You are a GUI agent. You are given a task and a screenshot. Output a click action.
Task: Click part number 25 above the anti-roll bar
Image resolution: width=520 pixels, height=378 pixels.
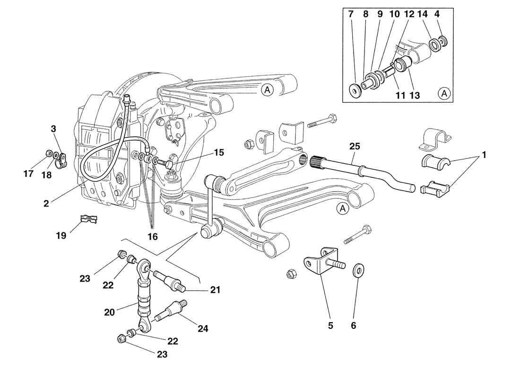tap(355, 146)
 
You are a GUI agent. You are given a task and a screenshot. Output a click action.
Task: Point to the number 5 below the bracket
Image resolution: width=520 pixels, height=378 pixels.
tap(330, 325)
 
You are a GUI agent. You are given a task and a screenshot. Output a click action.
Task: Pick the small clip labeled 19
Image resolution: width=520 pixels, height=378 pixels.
tap(88, 220)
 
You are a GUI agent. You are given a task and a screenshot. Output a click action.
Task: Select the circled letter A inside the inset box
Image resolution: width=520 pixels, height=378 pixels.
tap(444, 94)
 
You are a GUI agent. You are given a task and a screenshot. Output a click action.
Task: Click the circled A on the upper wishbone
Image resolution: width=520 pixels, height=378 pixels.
tap(267, 90)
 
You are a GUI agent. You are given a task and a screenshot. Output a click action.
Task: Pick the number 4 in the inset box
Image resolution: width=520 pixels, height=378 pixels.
tap(437, 14)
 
